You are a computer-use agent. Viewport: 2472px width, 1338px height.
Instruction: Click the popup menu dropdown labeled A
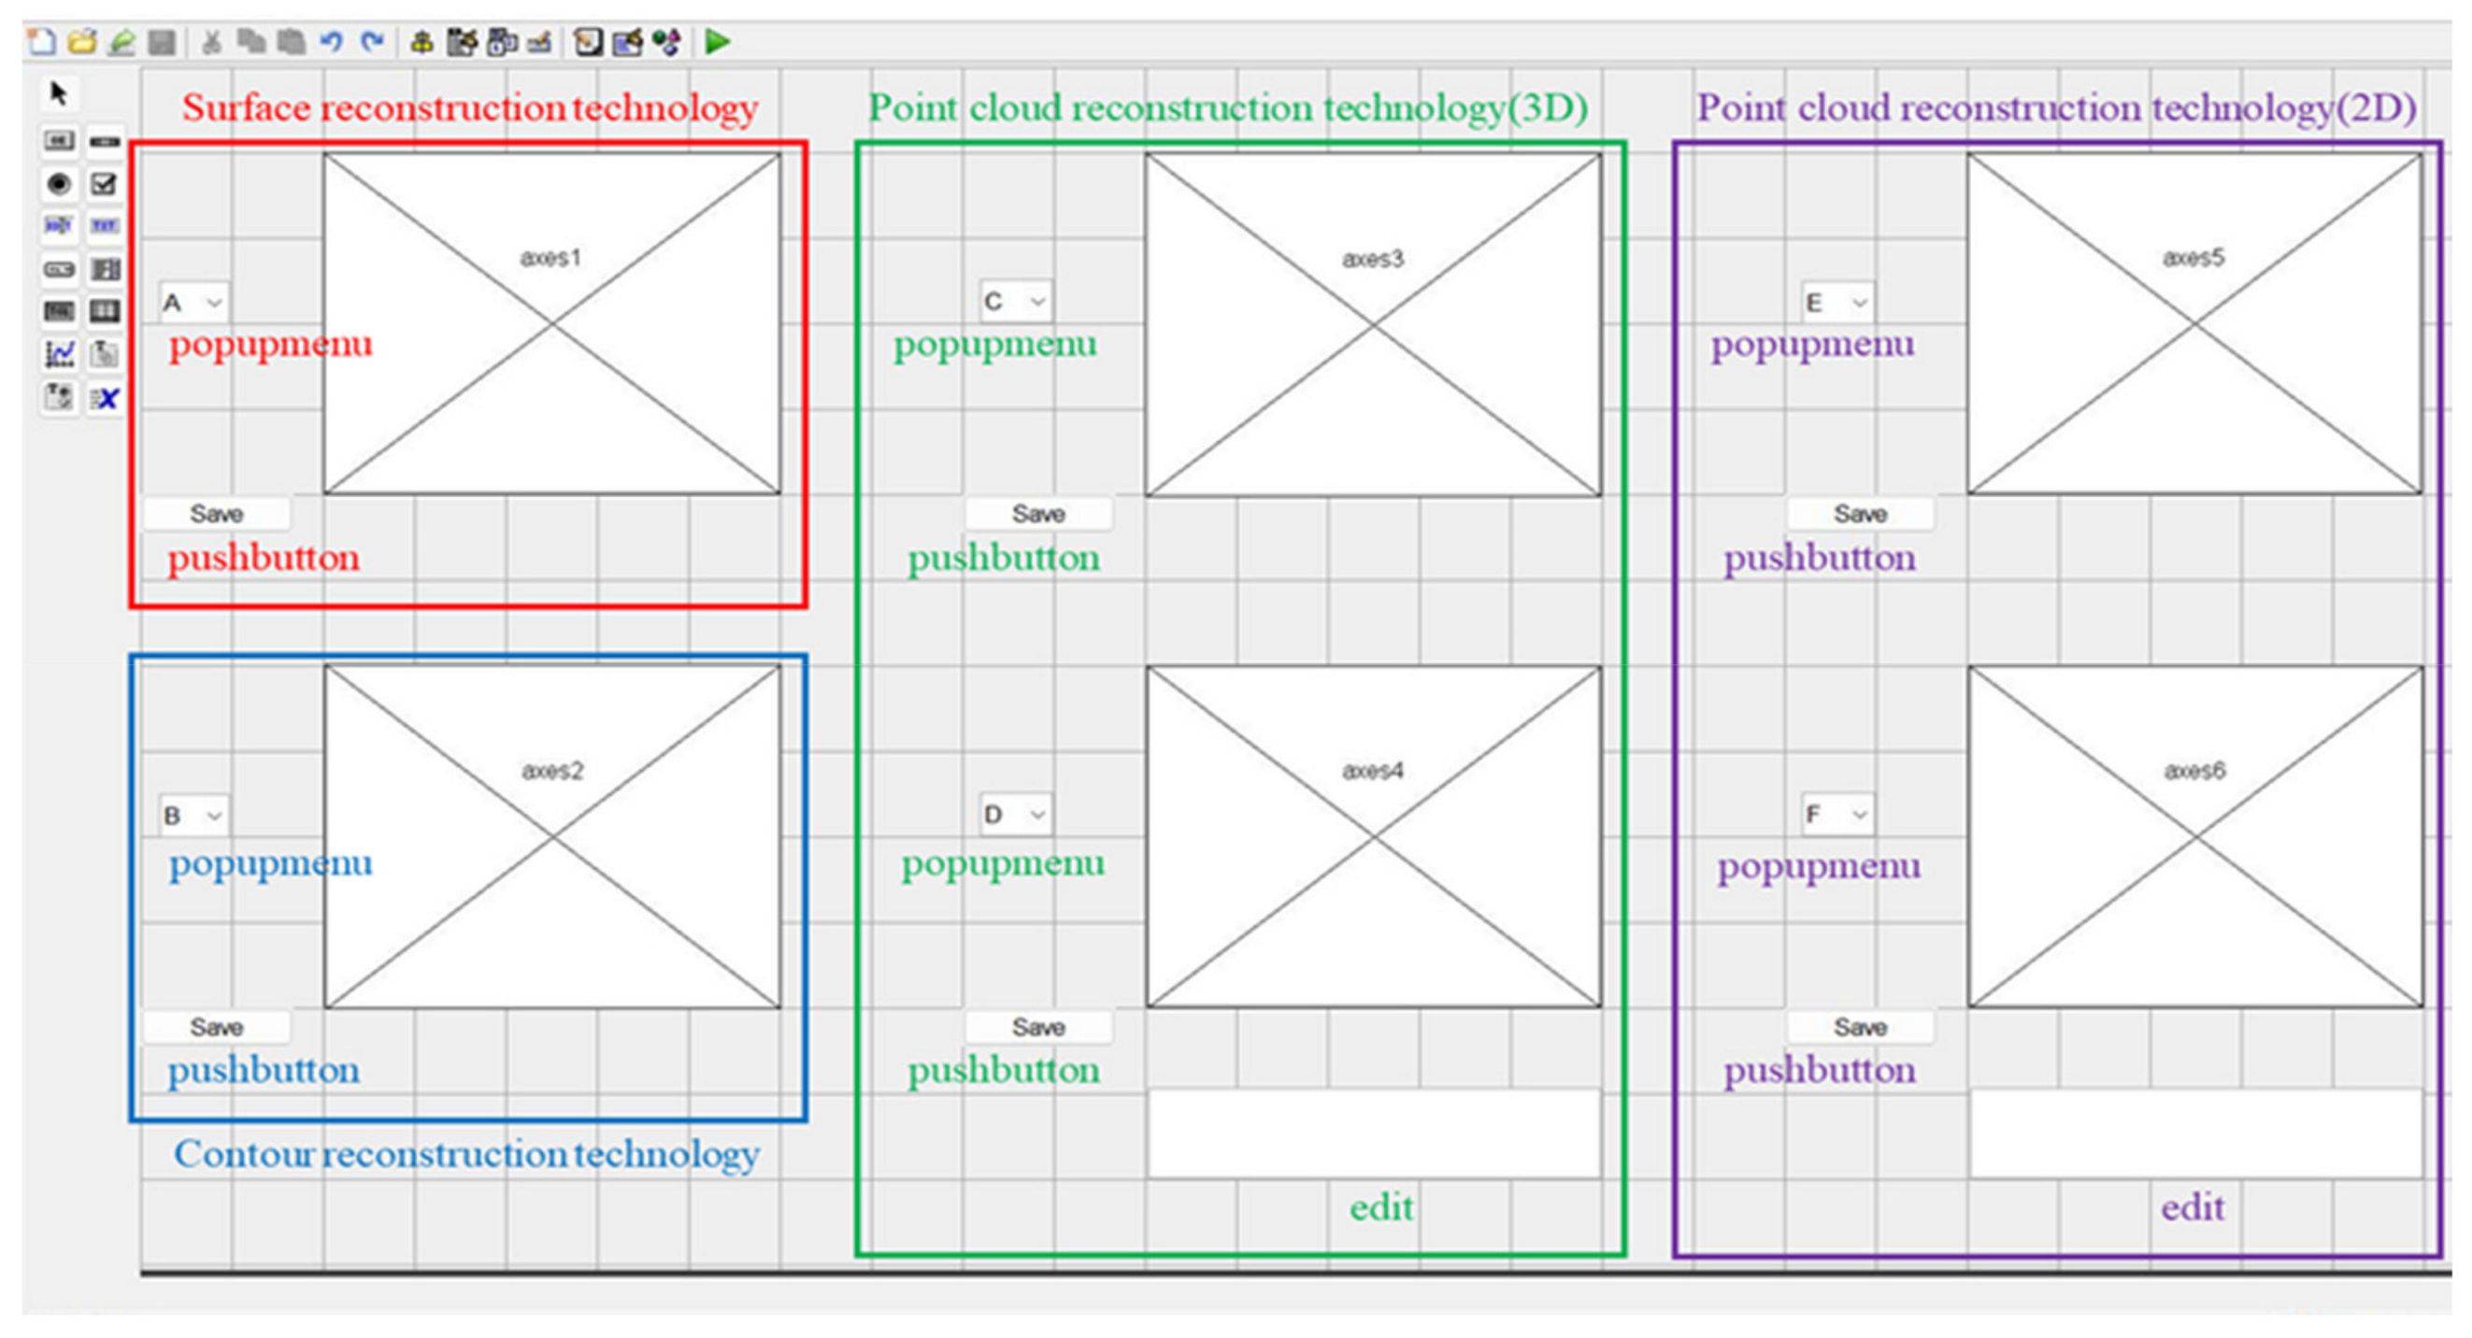(193, 303)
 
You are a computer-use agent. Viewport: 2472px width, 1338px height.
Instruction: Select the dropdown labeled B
(193, 816)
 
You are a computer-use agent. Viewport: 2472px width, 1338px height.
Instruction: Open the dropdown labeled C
(1014, 301)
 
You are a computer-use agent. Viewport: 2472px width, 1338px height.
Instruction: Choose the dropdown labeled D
(1014, 815)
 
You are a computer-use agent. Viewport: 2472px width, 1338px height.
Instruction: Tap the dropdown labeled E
(1836, 303)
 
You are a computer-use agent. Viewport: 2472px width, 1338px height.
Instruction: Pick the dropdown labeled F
(1836, 815)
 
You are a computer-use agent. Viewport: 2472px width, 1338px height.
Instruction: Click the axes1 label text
(550, 257)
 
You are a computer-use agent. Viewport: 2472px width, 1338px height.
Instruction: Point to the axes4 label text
(1372, 770)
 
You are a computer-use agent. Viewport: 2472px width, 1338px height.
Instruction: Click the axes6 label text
(2193, 770)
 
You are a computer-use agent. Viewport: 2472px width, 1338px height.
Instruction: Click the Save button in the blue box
(216, 1027)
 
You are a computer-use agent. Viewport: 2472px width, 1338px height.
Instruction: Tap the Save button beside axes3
(1038, 514)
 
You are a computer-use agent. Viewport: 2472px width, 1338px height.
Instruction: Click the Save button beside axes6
(1860, 1027)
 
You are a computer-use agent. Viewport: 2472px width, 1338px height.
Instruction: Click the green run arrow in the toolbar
(717, 41)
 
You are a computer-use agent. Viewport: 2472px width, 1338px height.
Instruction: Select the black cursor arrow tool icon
(59, 93)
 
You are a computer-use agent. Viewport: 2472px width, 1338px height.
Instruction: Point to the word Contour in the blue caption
(244, 1154)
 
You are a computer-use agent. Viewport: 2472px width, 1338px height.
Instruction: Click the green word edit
(1381, 1207)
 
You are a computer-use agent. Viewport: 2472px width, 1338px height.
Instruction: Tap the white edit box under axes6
(2195, 1133)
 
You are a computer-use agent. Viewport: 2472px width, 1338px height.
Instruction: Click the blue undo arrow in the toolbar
(331, 41)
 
